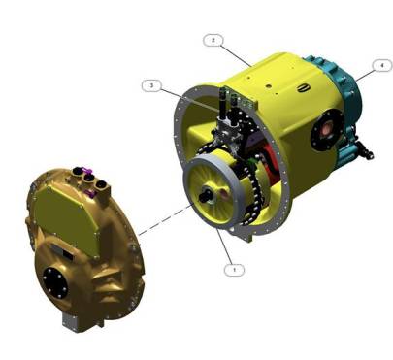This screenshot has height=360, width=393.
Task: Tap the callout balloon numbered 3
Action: coord(150,85)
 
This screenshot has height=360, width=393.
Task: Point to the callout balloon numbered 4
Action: coord(383,66)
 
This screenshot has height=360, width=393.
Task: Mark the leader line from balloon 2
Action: coord(234,52)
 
